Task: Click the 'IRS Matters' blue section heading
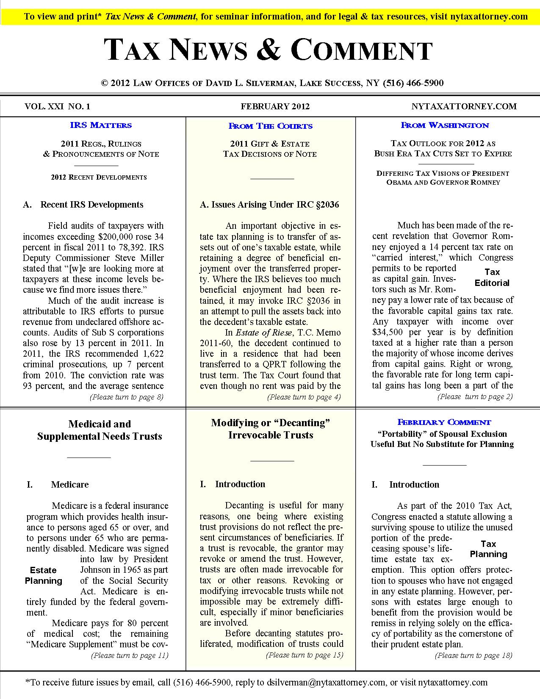[x=101, y=125]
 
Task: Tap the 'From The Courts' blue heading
[x=270, y=126]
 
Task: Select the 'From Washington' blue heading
[x=444, y=125]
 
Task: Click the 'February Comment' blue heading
[x=444, y=422]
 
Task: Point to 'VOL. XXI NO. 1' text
[x=57, y=106]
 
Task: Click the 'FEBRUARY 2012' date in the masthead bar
[x=275, y=106]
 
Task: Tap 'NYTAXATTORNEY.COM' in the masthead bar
[x=464, y=106]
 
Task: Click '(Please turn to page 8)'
[x=126, y=397]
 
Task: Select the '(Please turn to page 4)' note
[x=304, y=397]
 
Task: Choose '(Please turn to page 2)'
[x=475, y=397]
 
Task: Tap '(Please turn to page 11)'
[x=130, y=655]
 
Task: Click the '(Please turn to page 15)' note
[x=304, y=655]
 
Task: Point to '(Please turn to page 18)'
[x=474, y=655]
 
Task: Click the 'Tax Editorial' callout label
[x=492, y=277]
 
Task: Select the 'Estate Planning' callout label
[x=43, y=575]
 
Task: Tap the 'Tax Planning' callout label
[x=488, y=549]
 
